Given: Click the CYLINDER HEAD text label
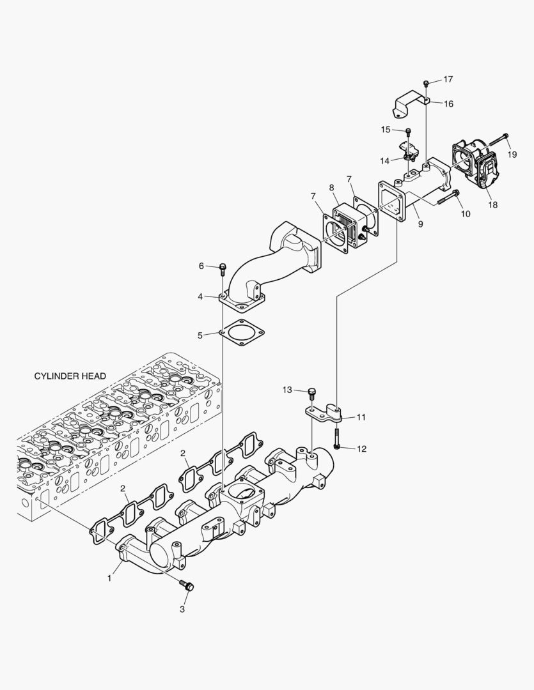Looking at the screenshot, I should coord(70,376).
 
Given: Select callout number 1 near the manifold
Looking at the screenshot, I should coord(110,578).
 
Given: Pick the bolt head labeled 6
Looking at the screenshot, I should coord(223,267).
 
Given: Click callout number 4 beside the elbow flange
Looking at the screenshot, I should coord(200,296).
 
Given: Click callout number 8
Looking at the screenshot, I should coord(332,187).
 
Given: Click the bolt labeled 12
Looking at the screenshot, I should coord(337,441).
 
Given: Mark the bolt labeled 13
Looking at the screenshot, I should coord(311,392).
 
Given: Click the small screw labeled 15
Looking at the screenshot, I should coord(408,132).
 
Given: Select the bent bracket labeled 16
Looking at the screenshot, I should coord(409,102).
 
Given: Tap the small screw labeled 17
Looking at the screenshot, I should coord(426,82).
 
